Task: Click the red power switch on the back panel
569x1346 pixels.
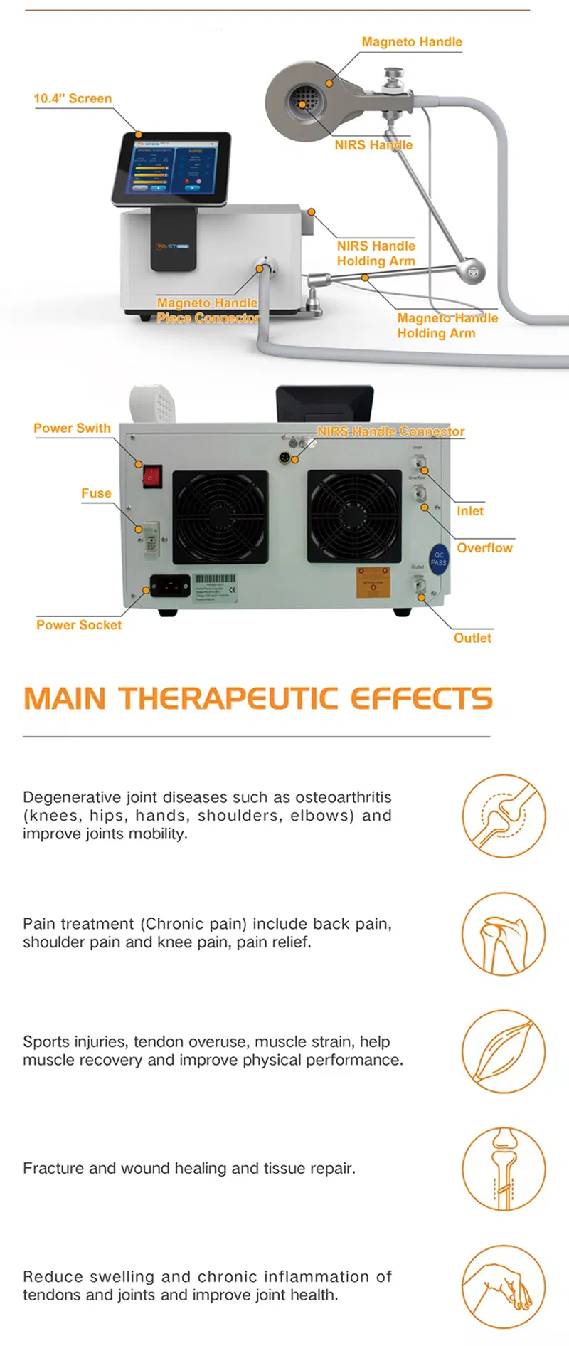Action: tap(151, 475)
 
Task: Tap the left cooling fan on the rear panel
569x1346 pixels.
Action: tap(220, 517)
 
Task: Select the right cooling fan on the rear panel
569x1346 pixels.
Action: tap(354, 515)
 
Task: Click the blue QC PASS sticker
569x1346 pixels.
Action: tap(439, 559)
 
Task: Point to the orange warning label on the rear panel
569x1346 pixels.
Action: tap(373, 582)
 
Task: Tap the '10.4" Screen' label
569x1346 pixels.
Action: tap(73, 99)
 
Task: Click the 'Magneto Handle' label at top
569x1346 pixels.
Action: tap(412, 42)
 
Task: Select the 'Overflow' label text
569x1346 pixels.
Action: tap(484, 547)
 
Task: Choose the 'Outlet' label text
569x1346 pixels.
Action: tap(472, 638)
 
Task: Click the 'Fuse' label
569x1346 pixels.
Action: tap(96, 493)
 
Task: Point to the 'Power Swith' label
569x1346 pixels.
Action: tap(72, 428)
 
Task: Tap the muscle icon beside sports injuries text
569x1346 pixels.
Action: tap(504, 1051)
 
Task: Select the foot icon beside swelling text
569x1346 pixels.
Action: tap(504, 1286)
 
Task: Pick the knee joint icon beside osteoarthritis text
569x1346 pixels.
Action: tap(504, 816)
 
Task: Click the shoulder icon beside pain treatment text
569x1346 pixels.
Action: tap(504, 934)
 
